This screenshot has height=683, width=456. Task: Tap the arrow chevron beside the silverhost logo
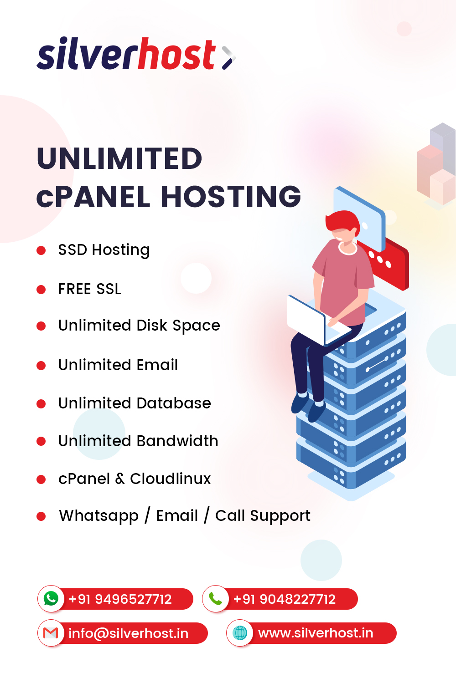228,57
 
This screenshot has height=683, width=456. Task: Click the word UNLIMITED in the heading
119,158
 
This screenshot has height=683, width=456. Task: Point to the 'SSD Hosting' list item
104,250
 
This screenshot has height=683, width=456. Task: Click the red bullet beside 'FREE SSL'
41,290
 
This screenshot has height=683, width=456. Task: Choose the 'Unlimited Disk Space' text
139,326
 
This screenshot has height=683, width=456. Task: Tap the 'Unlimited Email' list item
118,365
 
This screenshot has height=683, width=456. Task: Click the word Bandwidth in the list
177,441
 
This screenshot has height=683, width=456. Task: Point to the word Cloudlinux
171,479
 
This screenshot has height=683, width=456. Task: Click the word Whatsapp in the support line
98,516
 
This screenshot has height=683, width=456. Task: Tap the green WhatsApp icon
51,598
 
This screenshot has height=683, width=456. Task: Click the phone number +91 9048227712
284,599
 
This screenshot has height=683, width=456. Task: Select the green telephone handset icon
215,599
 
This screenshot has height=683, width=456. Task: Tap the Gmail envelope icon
51,633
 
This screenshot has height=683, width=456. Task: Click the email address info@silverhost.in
128,633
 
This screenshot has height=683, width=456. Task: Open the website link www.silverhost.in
316,633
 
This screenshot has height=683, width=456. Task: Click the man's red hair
343,221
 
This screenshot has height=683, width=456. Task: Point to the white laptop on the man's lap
306,319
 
